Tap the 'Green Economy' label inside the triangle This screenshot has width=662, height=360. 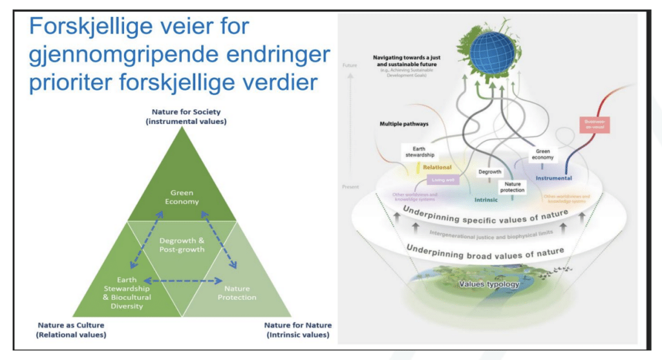(182, 197)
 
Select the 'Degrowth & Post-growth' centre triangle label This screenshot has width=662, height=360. (182, 244)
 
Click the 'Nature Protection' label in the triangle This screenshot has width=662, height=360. (237, 293)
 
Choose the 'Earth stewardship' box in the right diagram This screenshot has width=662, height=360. (419, 153)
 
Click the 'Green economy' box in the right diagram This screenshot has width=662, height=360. (542, 155)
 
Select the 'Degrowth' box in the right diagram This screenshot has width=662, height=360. (489, 172)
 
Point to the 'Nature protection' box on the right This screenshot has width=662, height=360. (511, 187)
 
